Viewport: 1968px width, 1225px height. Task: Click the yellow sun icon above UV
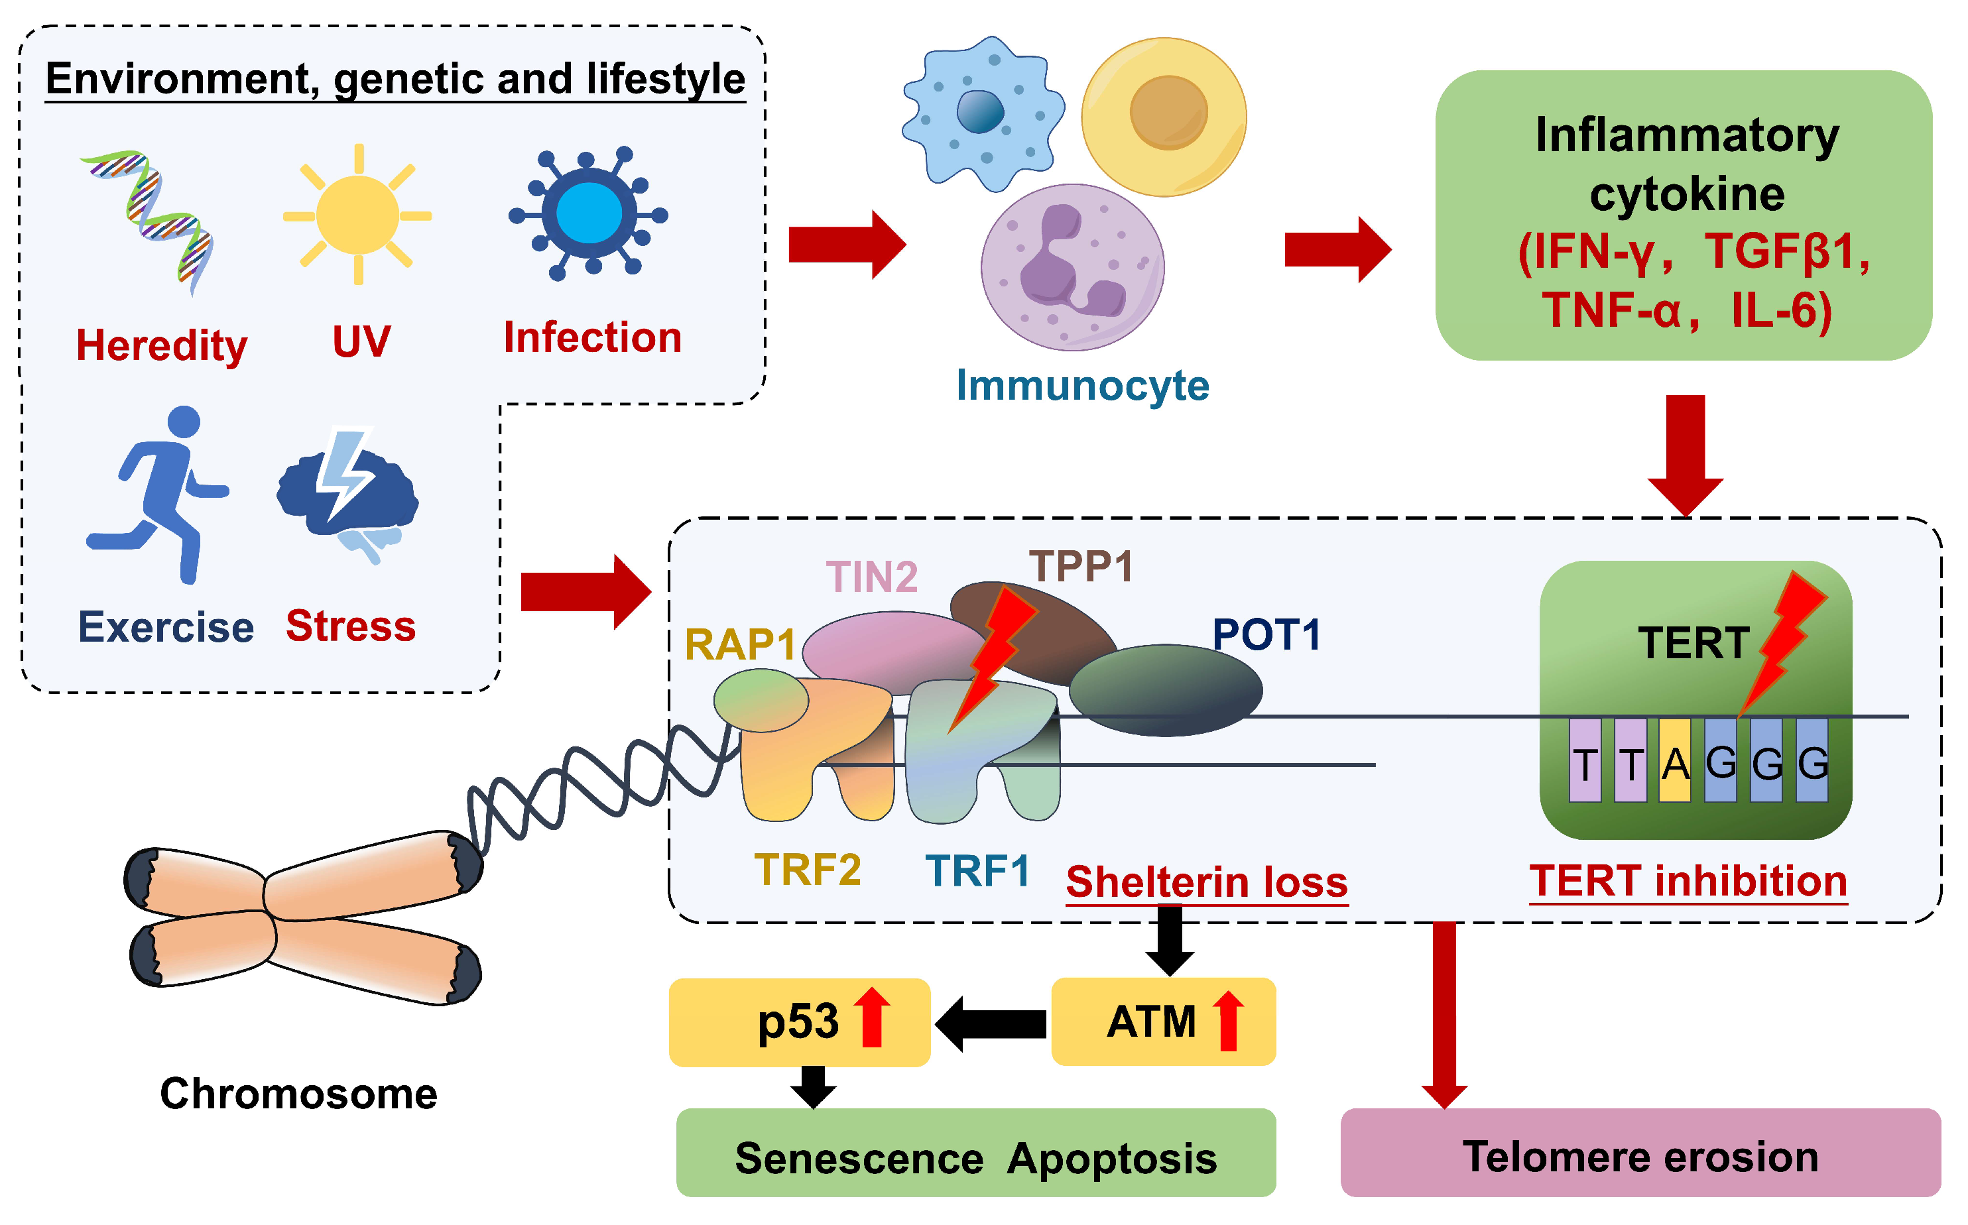357,215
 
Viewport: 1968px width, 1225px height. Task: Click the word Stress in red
351,626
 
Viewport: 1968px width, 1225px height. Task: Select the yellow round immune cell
1164,117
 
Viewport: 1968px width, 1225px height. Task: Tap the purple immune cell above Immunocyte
1072,267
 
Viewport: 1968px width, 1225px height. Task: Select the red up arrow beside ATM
1228,1021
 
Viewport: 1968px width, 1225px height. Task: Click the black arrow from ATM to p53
992,1023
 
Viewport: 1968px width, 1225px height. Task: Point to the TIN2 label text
871,577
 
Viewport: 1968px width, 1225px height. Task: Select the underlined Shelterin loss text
1205,882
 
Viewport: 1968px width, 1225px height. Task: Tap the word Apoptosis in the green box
1111,1159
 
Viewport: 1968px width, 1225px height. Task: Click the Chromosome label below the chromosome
298,1094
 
